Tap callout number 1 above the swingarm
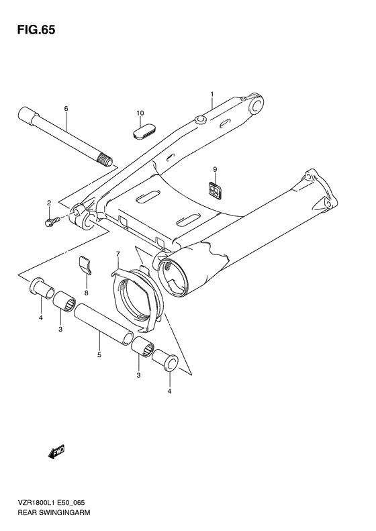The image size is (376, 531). [211, 94]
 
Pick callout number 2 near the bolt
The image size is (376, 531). [48, 202]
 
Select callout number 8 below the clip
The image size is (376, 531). [87, 293]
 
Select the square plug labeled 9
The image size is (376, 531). [214, 190]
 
